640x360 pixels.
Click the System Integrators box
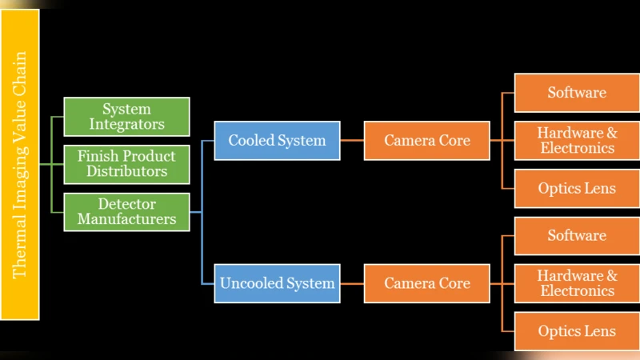click(x=126, y=117)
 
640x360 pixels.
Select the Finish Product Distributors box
click(x=126, y=164)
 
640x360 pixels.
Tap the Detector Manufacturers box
click(x=126, y=212)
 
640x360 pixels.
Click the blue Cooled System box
click(x=277, y=141)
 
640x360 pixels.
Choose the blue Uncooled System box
click(x=277, y=283)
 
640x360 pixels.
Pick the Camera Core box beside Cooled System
click(x=426, y=141)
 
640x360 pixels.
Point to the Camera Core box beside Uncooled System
click(x=426, y=283)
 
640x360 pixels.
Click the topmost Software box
click(x=577, y=93)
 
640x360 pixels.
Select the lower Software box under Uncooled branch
click(x=577, y=236)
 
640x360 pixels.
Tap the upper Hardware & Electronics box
click(x=577, y=141)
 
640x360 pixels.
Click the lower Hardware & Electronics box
click(x=577, y=283)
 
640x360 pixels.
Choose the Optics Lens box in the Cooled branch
click(x=577, y=189)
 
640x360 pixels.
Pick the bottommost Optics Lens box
click(x=577, y=331)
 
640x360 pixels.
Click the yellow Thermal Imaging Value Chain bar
click(x=20, y=165)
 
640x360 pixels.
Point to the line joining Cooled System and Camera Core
click(x=352, y=141)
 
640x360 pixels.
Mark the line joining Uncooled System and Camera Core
click(x=352, y=283)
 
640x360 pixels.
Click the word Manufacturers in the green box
click(x=126, y=219)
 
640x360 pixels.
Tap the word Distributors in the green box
click(x=126, y=171)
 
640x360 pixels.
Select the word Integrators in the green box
click(x=126, y=124)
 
